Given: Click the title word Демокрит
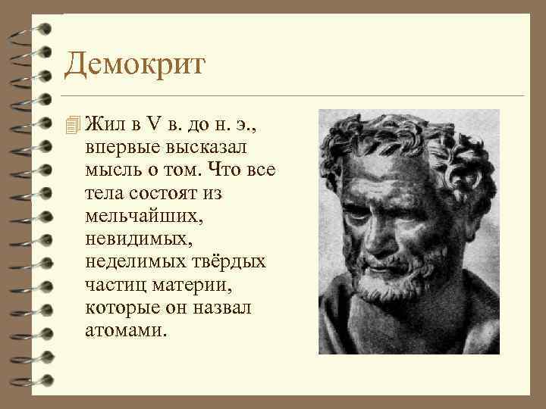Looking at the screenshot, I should click(135, 65).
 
